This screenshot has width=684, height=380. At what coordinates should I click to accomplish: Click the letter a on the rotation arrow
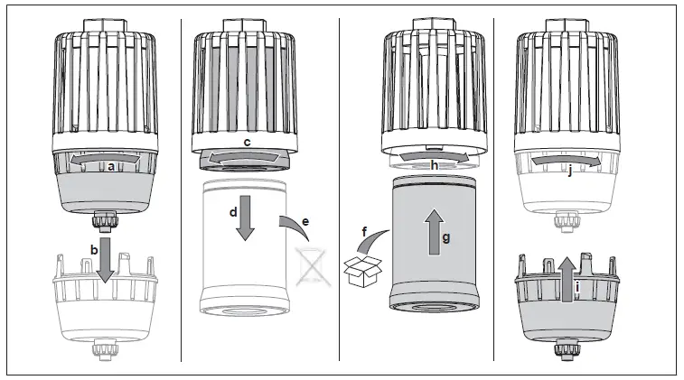tap(110, 166)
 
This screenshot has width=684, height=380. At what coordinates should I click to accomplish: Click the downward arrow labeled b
tap(105, 258)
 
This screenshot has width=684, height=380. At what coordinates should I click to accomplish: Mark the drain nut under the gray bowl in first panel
tap(105, 219)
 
